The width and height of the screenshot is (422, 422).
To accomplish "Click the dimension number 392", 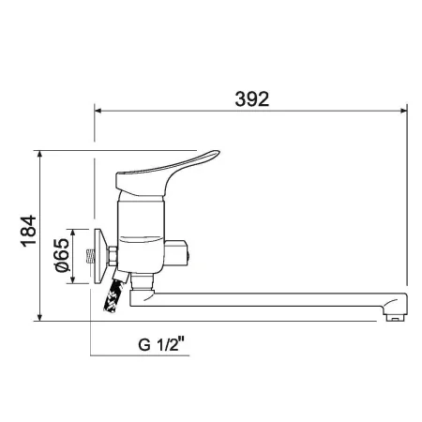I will [x=250, y=98].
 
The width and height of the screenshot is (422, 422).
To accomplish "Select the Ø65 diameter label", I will [x=60, y=255].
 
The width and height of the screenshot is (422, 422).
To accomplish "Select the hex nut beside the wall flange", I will [x=110, y=255].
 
